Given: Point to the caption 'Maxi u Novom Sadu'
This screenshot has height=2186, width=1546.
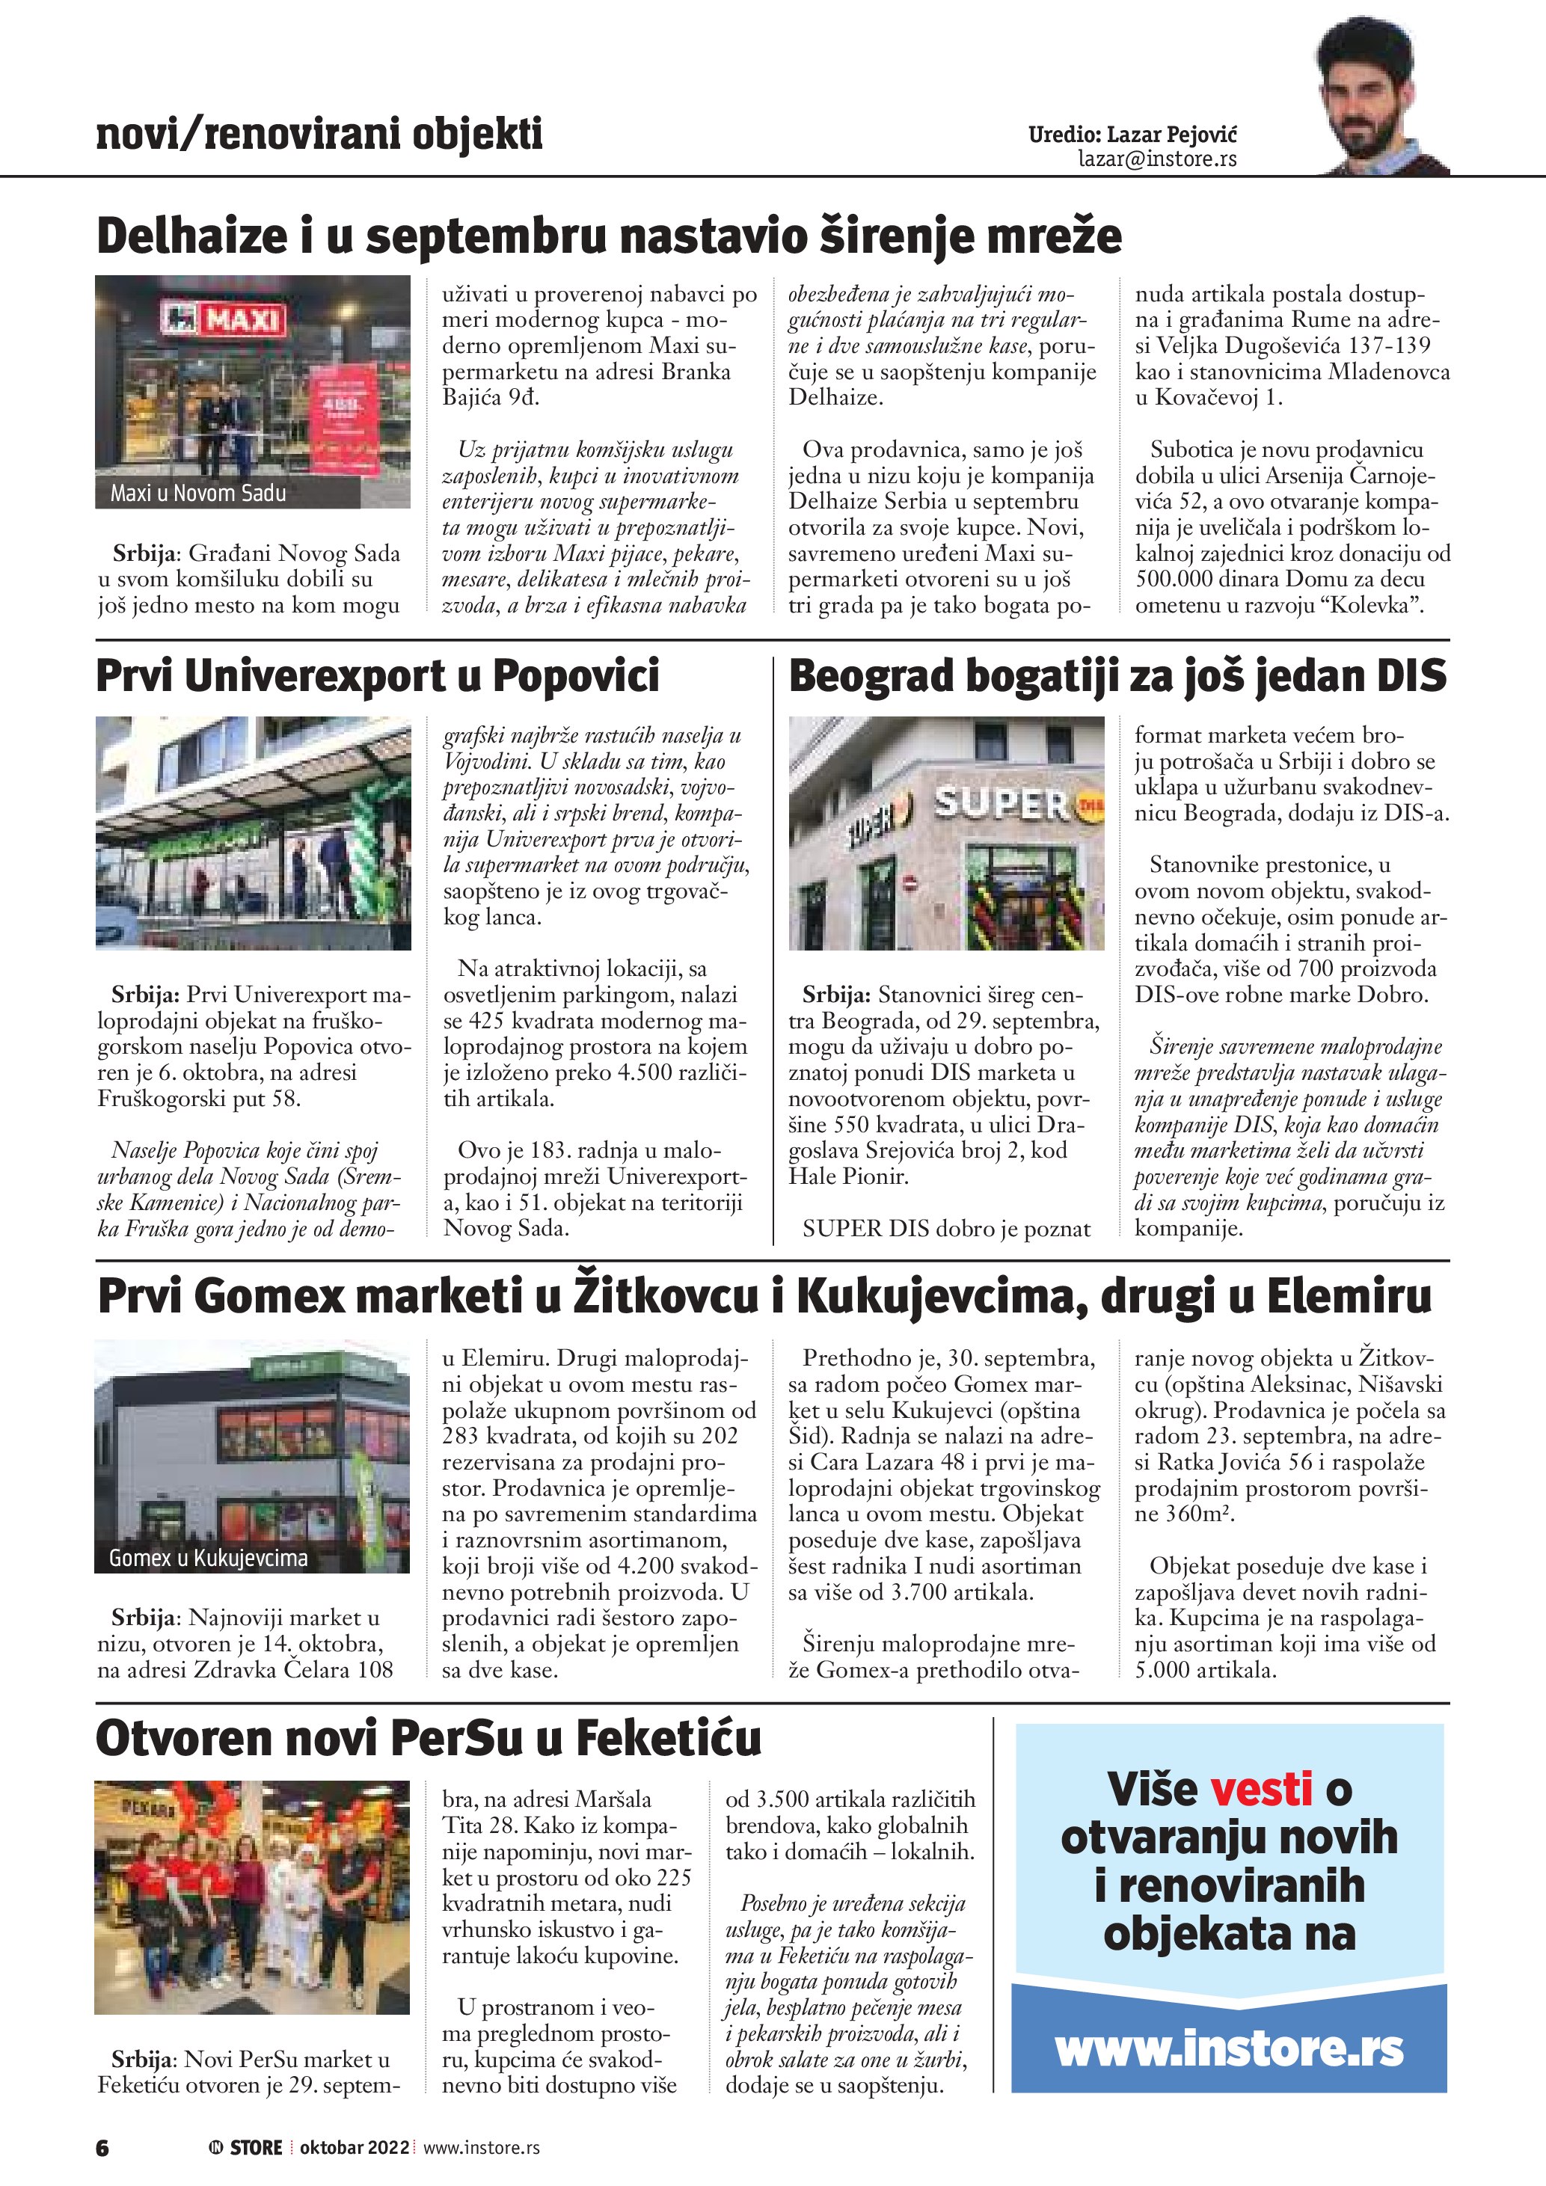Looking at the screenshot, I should click(x=198, y=493).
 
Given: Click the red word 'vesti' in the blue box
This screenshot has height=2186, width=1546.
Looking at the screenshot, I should click(x=1261, y=1789).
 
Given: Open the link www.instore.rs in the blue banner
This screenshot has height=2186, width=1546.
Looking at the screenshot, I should click(x=1229, y=2049).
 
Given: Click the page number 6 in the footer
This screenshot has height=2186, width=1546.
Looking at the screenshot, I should click(x=102, y=2148).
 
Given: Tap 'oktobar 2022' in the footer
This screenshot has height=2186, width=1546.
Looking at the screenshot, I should click(x=354, y=2147).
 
